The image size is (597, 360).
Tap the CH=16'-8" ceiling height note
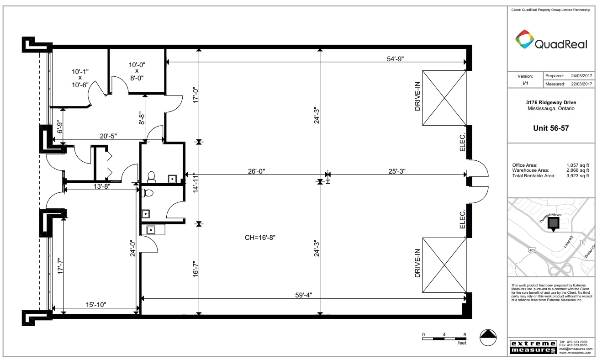260,237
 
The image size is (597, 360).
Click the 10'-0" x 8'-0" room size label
137,71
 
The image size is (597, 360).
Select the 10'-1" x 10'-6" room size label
80,78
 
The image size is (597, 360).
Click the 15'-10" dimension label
95,305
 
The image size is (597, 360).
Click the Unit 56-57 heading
551,128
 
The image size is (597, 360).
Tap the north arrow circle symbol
488,338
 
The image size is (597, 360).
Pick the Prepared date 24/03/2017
581,75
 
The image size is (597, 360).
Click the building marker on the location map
553,223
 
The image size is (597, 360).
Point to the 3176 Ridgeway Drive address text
551,103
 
